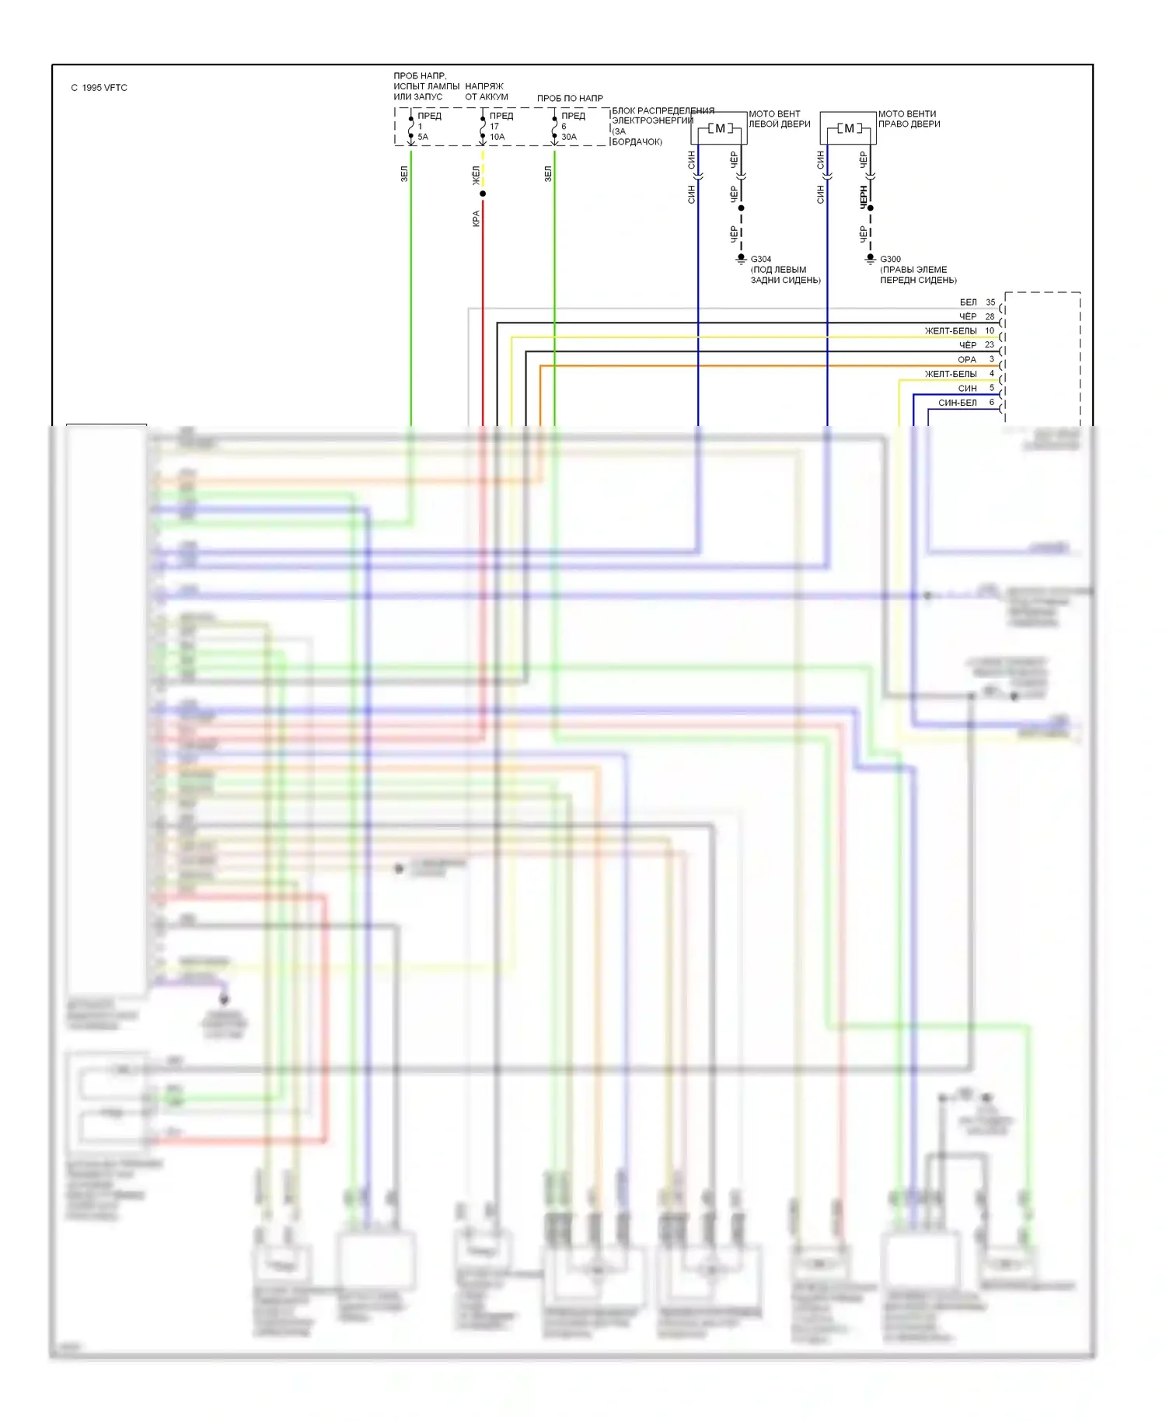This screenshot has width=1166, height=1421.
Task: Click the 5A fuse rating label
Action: (x=423, y=137)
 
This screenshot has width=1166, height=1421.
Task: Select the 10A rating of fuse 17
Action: (x=497, y=137)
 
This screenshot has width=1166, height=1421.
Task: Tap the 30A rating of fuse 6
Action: (x=569, y=137)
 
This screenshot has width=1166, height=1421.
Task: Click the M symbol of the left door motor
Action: (x=719, y=128)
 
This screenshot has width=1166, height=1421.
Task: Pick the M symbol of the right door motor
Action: (x=848, y=128)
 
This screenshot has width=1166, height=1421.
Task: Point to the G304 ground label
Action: (x=760, y=259)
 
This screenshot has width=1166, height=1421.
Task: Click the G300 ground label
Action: (x=890, y=259)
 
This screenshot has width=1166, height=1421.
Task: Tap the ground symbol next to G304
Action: (x=741, y=259)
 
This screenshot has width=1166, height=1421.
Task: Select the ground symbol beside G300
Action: (x=871, y=259)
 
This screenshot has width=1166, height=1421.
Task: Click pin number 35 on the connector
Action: (x=990, y=302)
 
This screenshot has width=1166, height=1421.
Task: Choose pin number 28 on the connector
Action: (x=990, y=316)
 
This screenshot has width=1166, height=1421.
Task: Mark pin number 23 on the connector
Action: (x=990, y=345)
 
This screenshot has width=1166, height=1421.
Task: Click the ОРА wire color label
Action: (x=967, y=360)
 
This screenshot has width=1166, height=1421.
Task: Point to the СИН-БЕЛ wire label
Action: (x=957, y=403)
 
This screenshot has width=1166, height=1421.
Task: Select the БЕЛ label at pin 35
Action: (x=968, y=302)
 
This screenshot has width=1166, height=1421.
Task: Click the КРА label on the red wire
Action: (x=476, y=218)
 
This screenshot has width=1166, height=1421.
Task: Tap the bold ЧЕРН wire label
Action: (x=863, y=196)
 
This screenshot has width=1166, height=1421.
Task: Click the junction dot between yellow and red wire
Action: (x=483, y=194)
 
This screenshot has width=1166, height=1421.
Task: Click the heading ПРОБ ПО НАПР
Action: (x=570, y=99)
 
